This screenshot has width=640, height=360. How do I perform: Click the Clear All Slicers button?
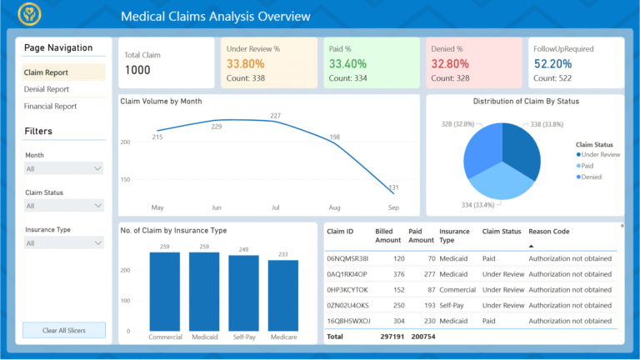tap(64, 331)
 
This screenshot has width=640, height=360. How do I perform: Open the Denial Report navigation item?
tap(47, 89)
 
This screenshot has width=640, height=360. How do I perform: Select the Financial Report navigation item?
tap(50, 107)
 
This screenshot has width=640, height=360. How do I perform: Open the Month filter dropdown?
tap(64, 168)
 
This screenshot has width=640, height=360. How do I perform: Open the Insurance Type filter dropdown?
tap(64, 243)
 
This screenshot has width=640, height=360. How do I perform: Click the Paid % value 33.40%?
tap(347, 63)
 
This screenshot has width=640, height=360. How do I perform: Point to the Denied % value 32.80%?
tap(450, 63)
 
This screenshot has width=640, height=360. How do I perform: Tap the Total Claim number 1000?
tap(137, 70)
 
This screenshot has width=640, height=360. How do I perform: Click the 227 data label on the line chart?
tap(275, 116)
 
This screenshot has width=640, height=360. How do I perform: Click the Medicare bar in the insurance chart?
tap(282, 295)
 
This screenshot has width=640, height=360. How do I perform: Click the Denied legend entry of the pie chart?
tap(592, 177)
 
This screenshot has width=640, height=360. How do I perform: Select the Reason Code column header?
tap(549, 232)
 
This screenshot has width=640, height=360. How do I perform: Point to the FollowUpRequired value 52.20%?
tap(552, 63)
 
